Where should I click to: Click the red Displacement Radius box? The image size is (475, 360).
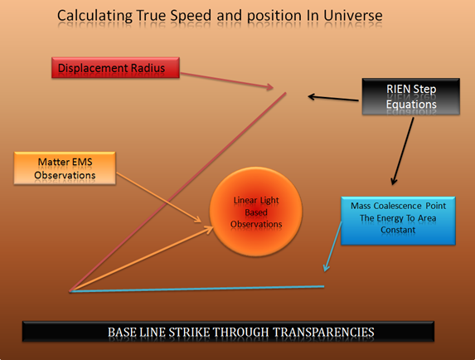coord(115,67)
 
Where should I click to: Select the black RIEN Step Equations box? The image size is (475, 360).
coord(411,96)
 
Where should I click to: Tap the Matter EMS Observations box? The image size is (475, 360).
coord(65,168)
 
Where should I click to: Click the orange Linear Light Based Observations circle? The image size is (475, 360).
coord(256,212)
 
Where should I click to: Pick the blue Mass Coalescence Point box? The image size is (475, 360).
coord(398,221)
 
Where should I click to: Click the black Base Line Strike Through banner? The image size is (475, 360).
coord(228,332)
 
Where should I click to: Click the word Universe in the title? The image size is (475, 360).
coord(353,16)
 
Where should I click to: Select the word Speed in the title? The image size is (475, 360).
coord(191,16)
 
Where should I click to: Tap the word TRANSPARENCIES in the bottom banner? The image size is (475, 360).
coord(323,332)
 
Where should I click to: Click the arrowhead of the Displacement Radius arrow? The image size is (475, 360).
coord(270,87)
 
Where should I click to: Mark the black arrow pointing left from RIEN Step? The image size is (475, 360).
coord(333,98)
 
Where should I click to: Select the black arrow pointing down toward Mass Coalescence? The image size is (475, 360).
coord(402,151)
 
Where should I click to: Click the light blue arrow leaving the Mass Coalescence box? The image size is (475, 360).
coord(332,246)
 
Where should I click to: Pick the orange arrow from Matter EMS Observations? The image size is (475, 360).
coord(159,197)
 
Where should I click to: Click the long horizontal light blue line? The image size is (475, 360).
coord(197,289)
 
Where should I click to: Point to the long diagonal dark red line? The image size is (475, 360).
coord(178,192)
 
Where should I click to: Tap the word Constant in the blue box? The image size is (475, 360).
coord(398,230)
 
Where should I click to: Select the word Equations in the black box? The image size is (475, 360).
coord(411,105)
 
